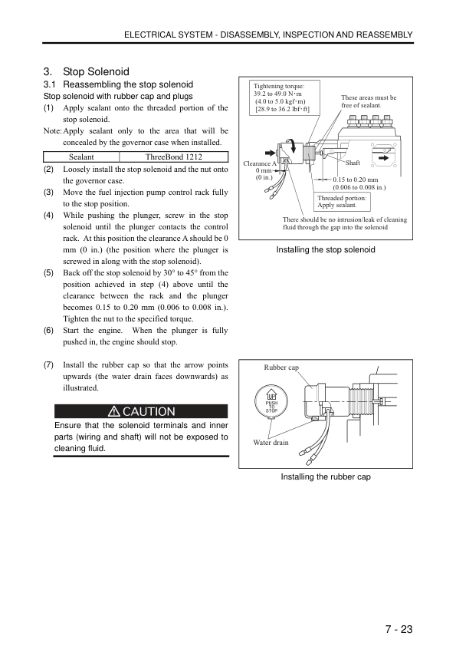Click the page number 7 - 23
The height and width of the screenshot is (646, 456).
pos(399,629)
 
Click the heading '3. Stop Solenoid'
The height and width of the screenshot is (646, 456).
pos(87,71)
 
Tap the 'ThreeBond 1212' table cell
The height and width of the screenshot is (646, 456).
pos(174,157)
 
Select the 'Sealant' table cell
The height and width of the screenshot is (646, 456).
pos(81,157)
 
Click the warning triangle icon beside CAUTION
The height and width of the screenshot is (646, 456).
pos(113,411)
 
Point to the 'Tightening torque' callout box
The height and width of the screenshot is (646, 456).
pos(284,97)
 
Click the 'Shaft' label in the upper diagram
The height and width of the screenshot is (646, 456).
pos(353,163)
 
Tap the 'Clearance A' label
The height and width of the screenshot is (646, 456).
pos(260,163)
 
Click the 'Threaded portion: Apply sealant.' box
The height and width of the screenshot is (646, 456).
pos(341,202)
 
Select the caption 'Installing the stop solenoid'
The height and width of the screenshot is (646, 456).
pos(326,249)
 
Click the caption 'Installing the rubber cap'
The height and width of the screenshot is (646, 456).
pos(326,476)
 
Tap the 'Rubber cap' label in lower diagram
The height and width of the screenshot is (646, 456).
pos(281,367)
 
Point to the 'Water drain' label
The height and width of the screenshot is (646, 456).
pos(271,443)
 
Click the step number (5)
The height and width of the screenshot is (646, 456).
pos(48,272)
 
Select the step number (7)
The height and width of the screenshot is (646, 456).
pos(48,364)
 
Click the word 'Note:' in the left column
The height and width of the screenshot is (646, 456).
pos(53,131)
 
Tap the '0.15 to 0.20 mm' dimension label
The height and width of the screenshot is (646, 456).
pos(356,180)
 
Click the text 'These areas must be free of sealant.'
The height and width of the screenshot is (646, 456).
pos(369,101)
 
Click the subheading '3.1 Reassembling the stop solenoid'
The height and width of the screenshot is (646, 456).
pos(118,84)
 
